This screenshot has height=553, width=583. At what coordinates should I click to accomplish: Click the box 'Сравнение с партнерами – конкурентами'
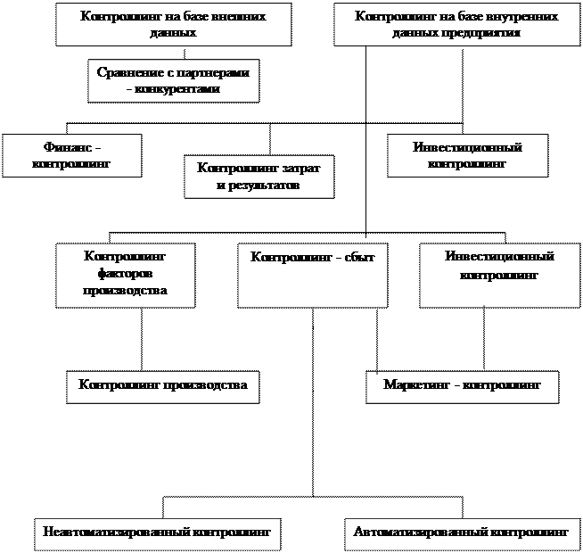pos(174,80)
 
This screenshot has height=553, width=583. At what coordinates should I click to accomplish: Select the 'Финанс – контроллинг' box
pos(71,155)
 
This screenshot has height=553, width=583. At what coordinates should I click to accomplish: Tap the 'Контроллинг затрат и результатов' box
pos(259,177)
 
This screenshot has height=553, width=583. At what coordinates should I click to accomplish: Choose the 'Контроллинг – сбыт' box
pos(313,276)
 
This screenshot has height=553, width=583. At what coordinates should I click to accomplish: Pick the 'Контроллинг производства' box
pos(163,387)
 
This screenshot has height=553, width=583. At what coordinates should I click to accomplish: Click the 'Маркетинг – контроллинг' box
pos(463,387)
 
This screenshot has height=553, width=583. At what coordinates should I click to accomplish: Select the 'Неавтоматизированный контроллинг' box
pos(158,534)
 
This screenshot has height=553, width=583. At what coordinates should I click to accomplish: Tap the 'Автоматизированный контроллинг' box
pos(463,534)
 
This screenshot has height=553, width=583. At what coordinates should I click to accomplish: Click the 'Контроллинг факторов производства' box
pos(126,276)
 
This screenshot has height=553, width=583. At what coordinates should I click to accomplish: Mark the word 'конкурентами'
pos(177,89)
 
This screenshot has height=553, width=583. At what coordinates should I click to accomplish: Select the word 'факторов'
pos(126,274)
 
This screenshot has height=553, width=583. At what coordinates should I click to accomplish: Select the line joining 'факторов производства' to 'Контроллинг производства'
pos(142,339)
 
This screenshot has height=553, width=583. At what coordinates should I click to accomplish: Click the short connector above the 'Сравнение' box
pos(185,53)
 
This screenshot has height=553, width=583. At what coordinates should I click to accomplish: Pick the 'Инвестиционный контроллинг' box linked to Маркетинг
pos(500,276)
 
